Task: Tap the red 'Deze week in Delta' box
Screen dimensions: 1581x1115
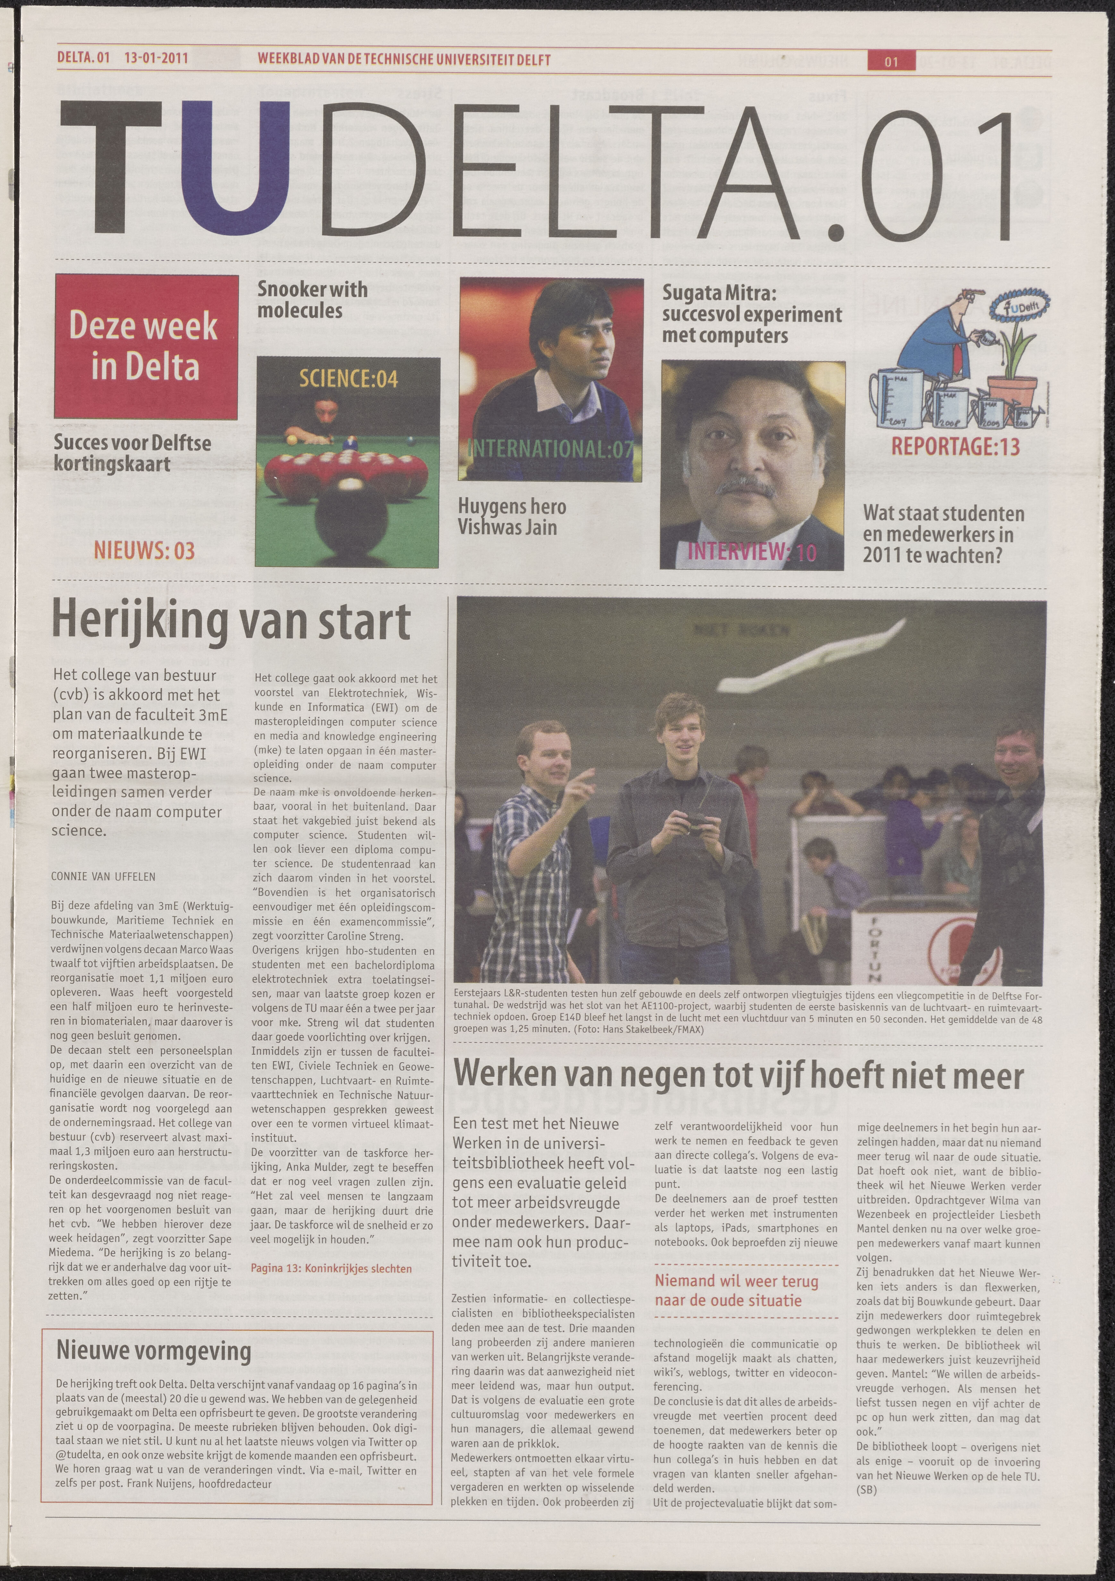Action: click(x=146, y=346)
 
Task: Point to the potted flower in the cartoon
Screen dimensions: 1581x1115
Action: click(x=1015, y=344)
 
